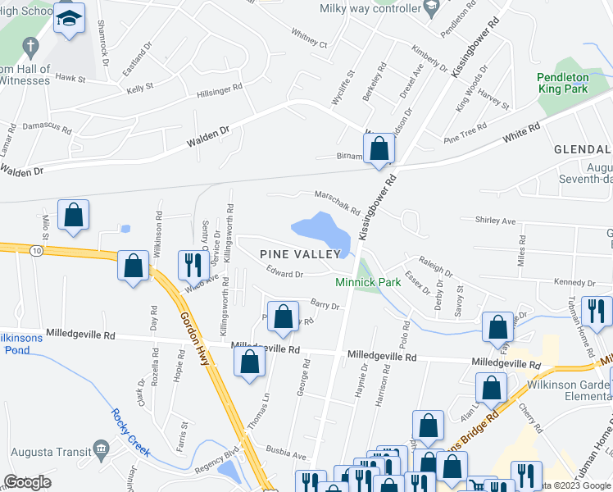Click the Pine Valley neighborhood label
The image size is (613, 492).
click(298, 254)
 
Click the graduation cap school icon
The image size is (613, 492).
click(70, 18)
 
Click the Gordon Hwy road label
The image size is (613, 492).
click(197, 332)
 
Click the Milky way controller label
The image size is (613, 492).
click(370, 8)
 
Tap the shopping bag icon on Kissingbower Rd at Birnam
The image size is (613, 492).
click(379, 149)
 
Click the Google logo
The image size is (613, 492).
click(27, 483)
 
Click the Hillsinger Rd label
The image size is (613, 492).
click(208, 90)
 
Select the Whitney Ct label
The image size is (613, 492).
click(308, 39)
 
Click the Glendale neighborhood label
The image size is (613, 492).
click(582, 150)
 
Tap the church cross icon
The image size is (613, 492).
click(30, 46)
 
